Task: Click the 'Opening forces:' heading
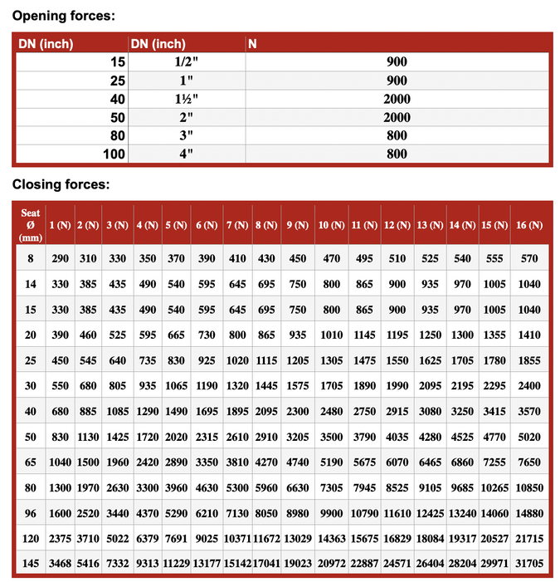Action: (x=64, y=16)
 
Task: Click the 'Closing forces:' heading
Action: (x=61, y=184)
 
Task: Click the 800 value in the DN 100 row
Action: (x=397, y=154)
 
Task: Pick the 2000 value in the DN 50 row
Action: (x=397, y=117)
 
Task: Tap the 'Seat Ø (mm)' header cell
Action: (x=31, y=225)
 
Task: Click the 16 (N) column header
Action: (x=528, y=225)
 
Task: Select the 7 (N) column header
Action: (x=237, y=225)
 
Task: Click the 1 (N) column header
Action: (x=60, y=225)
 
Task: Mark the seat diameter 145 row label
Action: (x=31, y=563)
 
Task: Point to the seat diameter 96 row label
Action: (x=31, y=512)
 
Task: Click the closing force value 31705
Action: (x=528, y=563)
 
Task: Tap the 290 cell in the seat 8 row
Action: (x=60, y=259)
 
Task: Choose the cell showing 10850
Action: (x=528, y=487)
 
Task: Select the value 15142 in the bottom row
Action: (x=237, y=563)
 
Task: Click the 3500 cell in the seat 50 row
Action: (x=331, y=437)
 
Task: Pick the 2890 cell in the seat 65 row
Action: (x=176, y=462)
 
